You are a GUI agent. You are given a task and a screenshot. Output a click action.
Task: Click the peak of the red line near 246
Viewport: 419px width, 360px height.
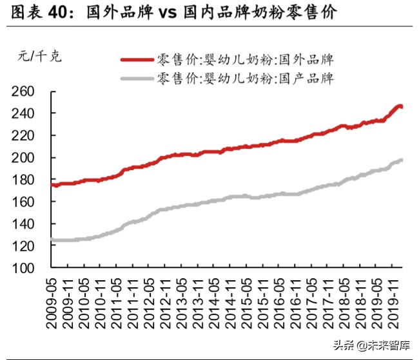[x=400, y=106]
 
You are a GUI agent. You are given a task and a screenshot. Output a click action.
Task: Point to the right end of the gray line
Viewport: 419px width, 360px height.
[x=402, y=160]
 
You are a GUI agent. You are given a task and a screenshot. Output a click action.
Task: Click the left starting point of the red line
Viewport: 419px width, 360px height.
[x=53, y=185]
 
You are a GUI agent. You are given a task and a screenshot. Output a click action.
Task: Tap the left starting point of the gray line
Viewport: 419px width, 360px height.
[x=53, y=240]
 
